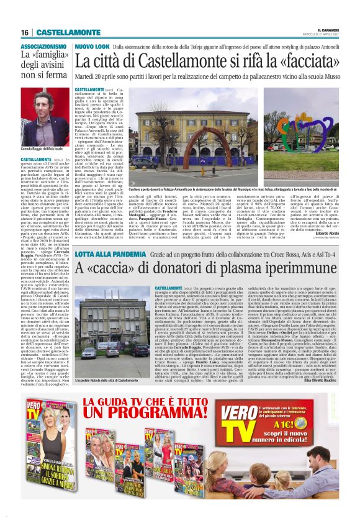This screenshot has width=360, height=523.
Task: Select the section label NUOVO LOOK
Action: coord(92,47)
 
